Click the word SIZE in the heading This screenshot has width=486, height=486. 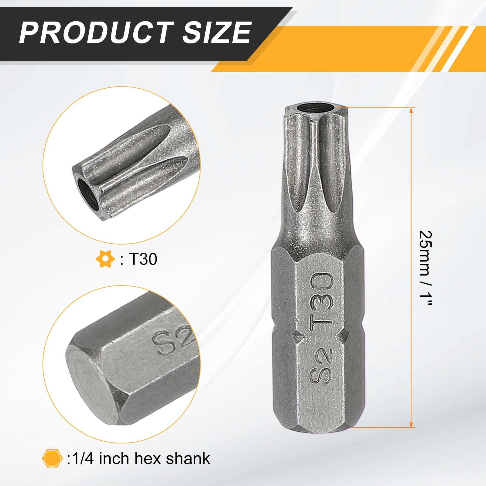pyautogui.click(x=217, y=33)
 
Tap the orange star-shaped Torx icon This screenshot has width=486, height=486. pyautogui.click(x=105, y=259)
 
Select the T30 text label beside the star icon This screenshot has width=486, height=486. pyautogui.click(x=143, y=259)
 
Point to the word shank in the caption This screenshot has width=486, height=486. pyautogui.click(x=188, y=458)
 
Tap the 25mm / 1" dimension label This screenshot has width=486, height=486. pyautogui.click(x=425, y=269)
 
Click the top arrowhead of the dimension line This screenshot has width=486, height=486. pyautogui.click(x=411, y=111)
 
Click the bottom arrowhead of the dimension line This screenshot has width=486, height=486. pyautogui.click(x=411, y=424)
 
